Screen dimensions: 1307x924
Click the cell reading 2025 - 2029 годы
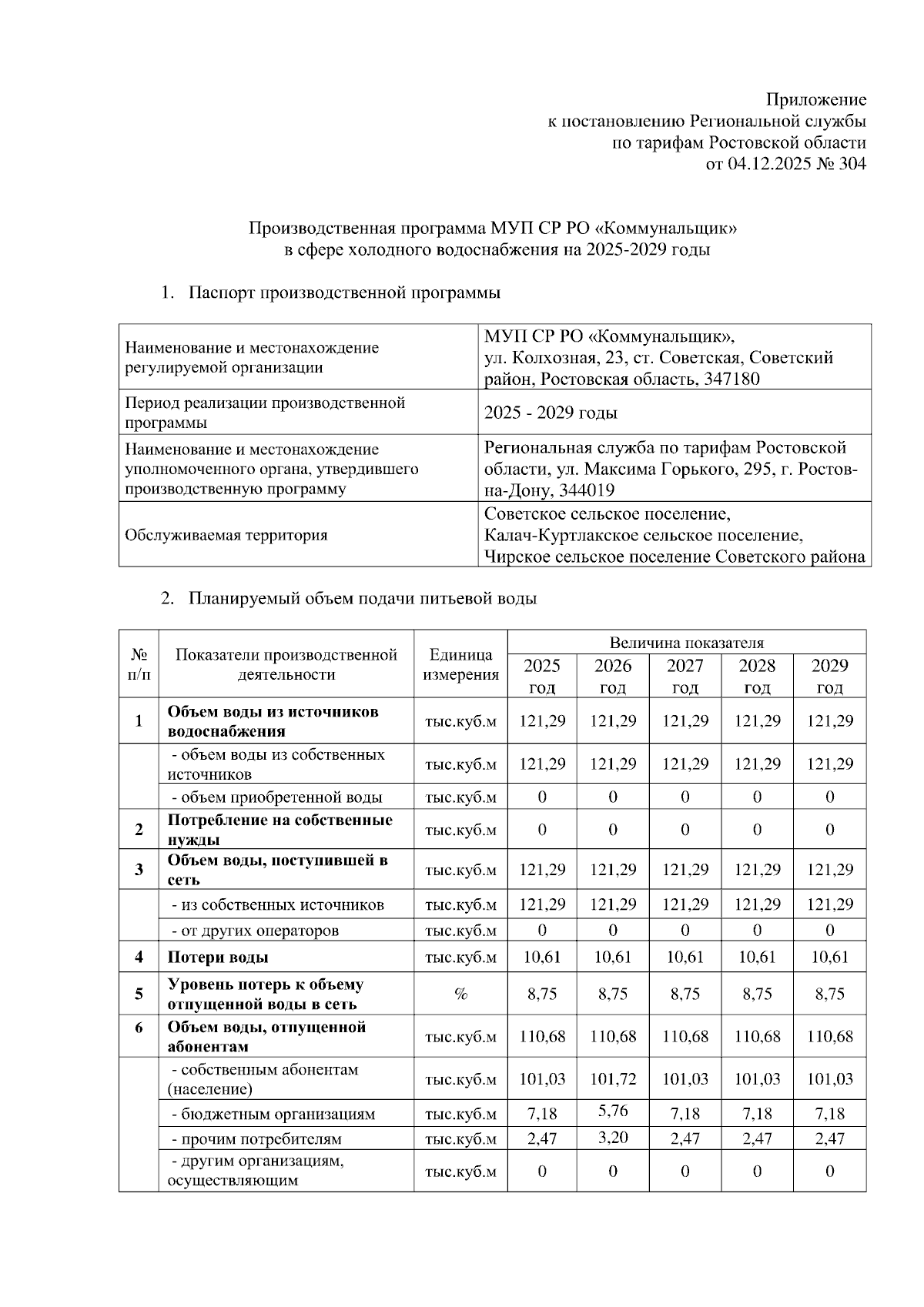pyautogui.click(x=550, y=413)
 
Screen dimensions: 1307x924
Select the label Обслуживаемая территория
pyautogui.click(x=226, y=535)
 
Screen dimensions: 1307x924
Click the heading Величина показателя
pyautogui.click(x=686, y=643)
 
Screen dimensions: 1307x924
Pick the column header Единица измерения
pyautogui.click(x=460, y=665)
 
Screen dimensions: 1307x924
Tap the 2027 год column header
pyautogui.click(x=685, y=676)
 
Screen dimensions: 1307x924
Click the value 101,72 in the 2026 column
pyautogui.click(x=613, y=1079)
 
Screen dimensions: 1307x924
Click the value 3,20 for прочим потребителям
pyautogui.click(x=613, y=1138)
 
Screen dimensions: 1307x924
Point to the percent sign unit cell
pyautogui.click(x=460, y=994)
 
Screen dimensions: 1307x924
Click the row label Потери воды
pyautogui.click(x=218, y=958)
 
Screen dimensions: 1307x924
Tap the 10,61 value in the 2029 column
pyautogui.click(x=829, y=958)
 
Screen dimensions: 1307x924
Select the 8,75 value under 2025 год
pyautogui.click(x=542, y=994)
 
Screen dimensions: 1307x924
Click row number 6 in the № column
pyautogui.click(x=139, y=1028)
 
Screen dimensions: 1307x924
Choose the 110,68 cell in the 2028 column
pyautogui.click(x=757, y=1037)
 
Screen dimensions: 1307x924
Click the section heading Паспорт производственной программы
pyautogui.click(x=345, y=293)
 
